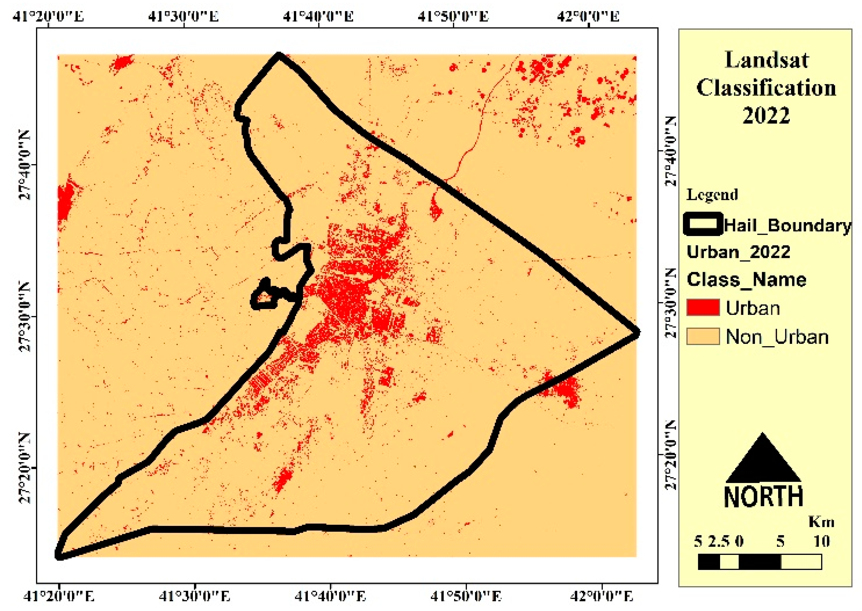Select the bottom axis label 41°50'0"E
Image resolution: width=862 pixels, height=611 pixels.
click(x=466, y=596)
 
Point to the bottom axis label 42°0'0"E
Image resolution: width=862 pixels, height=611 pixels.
click(x=601, y=596)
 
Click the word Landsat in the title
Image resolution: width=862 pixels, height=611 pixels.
click(x=766, y=60)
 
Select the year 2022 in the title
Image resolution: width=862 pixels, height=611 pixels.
click(x=766, y=115)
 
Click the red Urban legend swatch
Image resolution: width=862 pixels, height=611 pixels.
click(x=703, y=307)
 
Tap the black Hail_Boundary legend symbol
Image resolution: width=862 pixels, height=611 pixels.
click(x=703, y=224)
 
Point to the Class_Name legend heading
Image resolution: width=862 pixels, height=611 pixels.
click(x=746, y=280)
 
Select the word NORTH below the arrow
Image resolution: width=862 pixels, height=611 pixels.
click(x=764, y=497)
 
